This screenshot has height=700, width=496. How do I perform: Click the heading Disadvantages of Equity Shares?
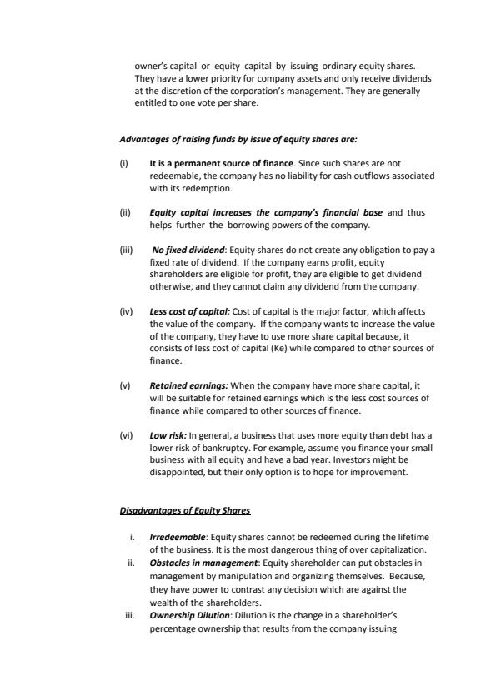click(185, 509)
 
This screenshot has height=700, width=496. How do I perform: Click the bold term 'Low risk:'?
click(168, 434)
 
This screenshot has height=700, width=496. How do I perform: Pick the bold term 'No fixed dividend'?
click(188, 250)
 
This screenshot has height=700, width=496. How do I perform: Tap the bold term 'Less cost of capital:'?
click(189, 311)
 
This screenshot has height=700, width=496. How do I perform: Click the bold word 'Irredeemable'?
click(178, 538)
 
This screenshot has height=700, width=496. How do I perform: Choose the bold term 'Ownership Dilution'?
click(191, 615)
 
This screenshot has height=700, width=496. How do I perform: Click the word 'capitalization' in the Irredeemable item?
click(398, 549)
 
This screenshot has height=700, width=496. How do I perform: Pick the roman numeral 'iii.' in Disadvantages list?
click(129, 615)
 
